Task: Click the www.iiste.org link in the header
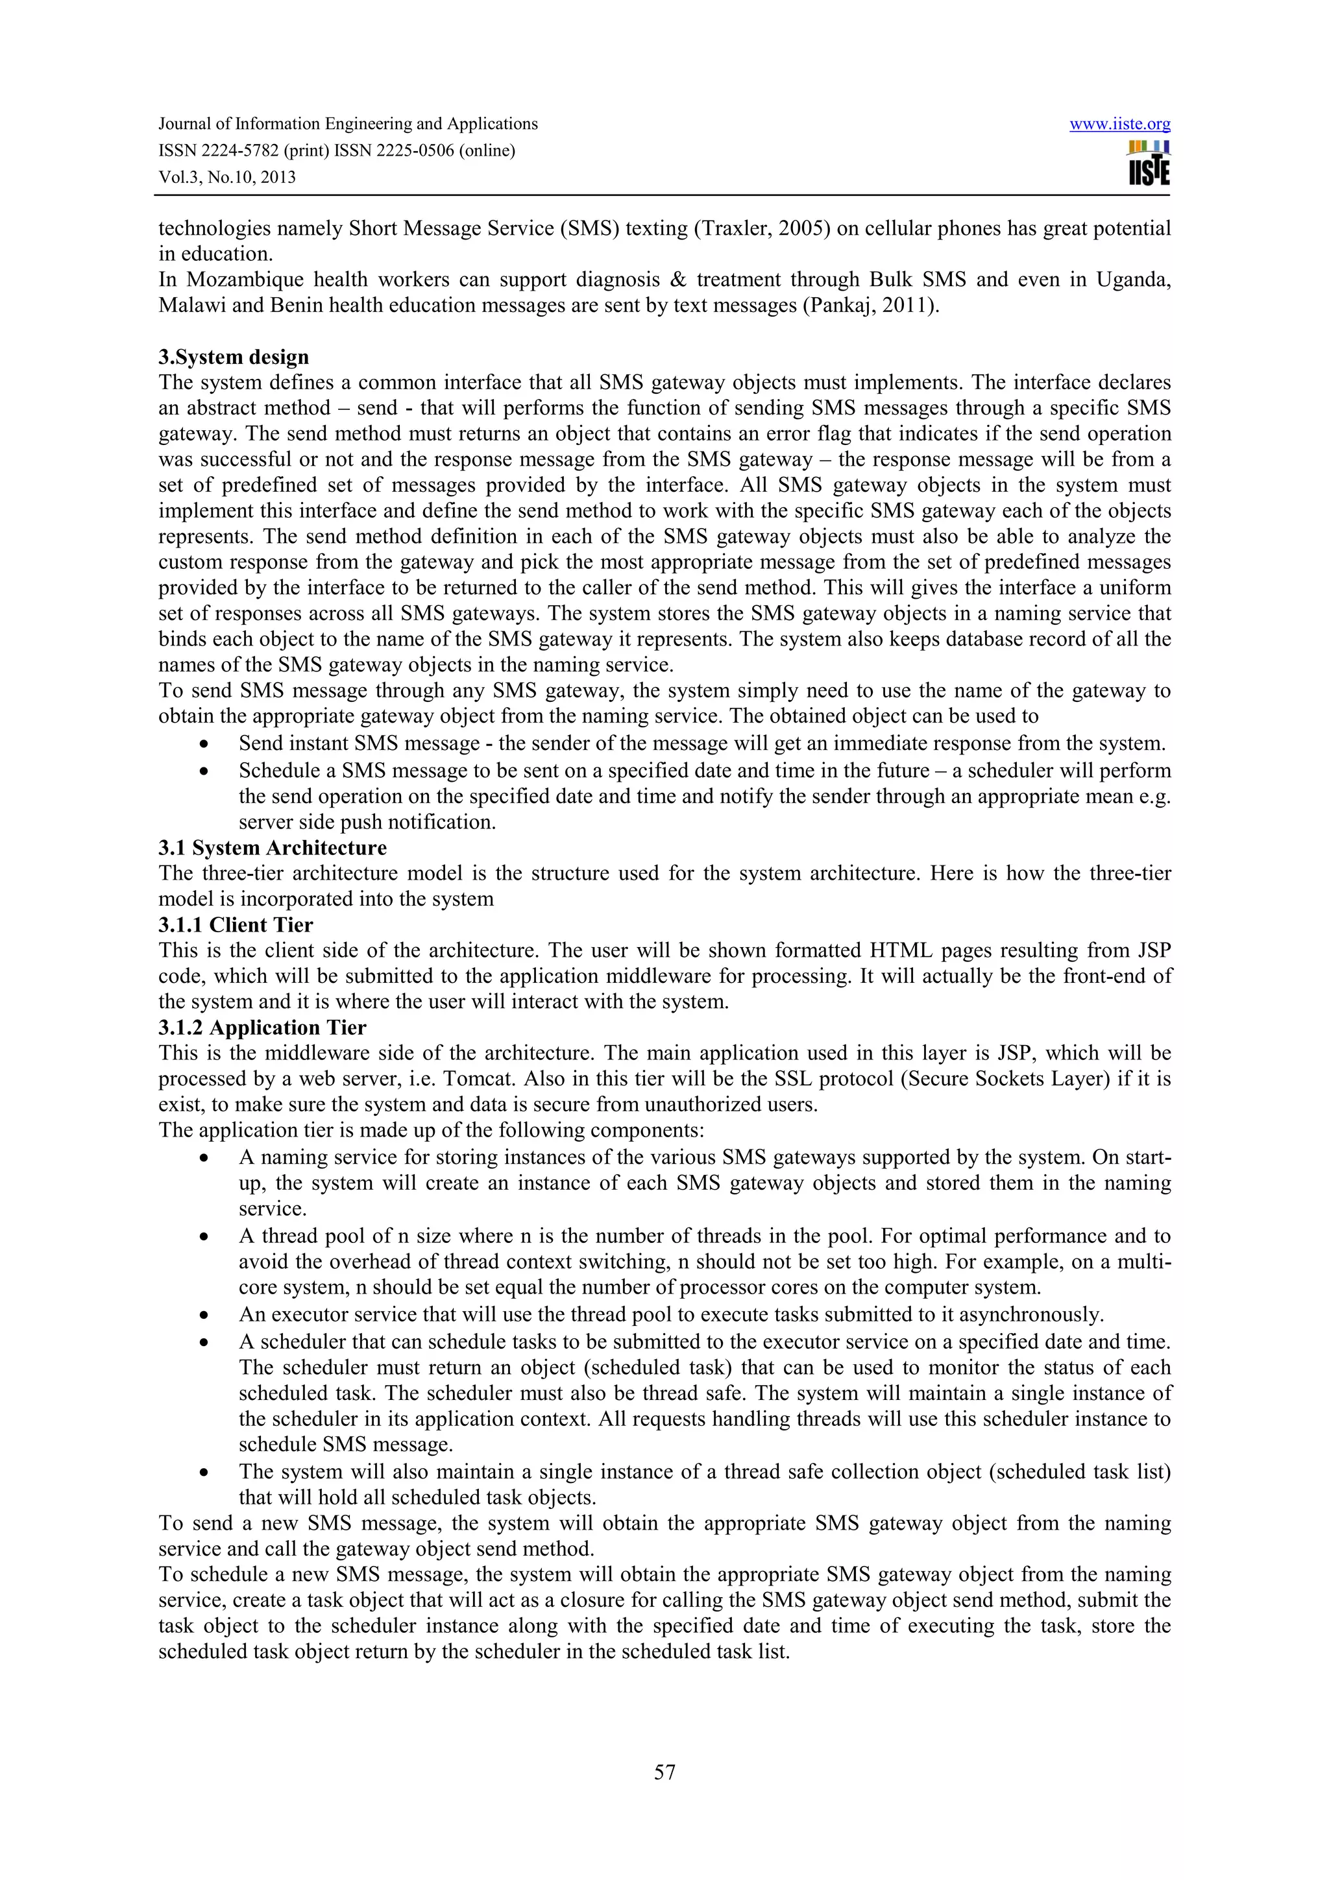point(1119,125)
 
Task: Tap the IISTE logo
point(1148,163)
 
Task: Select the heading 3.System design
point(234,357)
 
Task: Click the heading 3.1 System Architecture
point(272,847)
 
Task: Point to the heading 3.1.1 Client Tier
point(235,924)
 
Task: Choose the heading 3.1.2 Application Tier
point(262,1028)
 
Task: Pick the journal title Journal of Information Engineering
point(348,125)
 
